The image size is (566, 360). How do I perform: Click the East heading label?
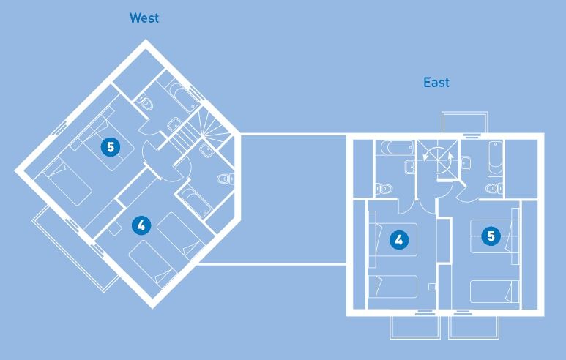[436, 83]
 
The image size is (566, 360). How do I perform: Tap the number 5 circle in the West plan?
[110, 147]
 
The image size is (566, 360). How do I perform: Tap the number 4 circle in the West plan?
[140, 225]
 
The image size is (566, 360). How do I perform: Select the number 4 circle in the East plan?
[398, 239]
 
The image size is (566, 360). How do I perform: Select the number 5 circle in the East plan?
[491, 236]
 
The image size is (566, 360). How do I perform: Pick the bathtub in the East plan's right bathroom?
[495, 155]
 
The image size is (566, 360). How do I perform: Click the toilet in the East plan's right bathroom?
[494, 188]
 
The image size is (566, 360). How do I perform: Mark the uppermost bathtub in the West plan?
[179, 97]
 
